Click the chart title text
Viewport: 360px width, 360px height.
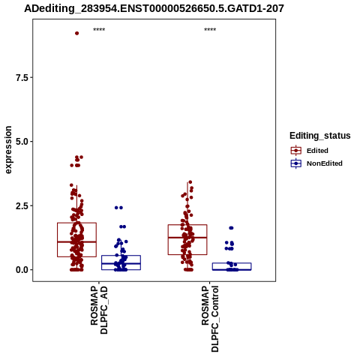[x=154, y=8]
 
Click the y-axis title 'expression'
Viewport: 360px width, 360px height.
[x=8, y=150]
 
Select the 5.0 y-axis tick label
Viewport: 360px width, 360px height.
[x=22, y=142]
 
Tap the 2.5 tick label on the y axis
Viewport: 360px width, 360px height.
[x=22, y=206]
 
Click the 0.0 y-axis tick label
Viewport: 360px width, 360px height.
[x=22, y=270]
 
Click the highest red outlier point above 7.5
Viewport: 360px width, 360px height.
[x=77, y=33]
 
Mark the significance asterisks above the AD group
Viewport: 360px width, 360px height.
[x=99, y=30]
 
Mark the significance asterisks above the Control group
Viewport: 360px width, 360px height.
[x=210, y=30]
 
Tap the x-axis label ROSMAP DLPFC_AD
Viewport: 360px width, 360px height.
[x=99, y=310]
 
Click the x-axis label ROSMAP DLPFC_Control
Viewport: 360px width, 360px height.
[x=210, y=319]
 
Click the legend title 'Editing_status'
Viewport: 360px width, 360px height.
[x=320, y=136]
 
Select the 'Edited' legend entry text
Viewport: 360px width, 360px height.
[x=317, y=151]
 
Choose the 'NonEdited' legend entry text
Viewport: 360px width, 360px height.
[x=325, y=163]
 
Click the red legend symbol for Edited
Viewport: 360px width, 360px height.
[x=296, y=151]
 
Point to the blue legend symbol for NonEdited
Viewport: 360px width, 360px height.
[x=296, y=163]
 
